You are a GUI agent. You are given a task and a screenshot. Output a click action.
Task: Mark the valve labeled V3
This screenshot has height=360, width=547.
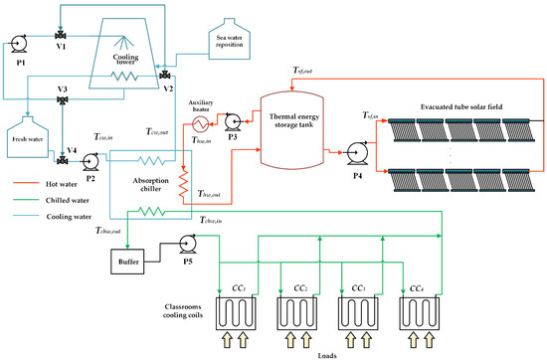click(x=64, y=101)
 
